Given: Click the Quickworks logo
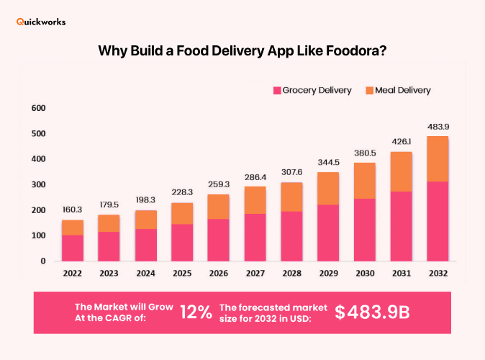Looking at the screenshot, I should pos(41,22).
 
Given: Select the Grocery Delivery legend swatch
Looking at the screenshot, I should pos(276,91).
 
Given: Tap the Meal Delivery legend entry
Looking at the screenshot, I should pos(398,91).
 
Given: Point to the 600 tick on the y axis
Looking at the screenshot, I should pos(38,109).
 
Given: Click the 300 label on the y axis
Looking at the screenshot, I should pos(38,185).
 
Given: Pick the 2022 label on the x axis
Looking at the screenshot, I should pos(71,273).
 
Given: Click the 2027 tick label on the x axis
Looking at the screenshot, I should pos(255,273).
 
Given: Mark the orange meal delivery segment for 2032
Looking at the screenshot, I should pos(437,158).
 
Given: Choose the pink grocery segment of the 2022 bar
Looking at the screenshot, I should pos(71,248).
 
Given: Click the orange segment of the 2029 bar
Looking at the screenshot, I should pos(327,188).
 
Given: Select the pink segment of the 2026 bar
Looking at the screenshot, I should pos(218,240).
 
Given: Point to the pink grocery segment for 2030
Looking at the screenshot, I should pos(364,230).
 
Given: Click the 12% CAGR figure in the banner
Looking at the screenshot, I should pos(196,312).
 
